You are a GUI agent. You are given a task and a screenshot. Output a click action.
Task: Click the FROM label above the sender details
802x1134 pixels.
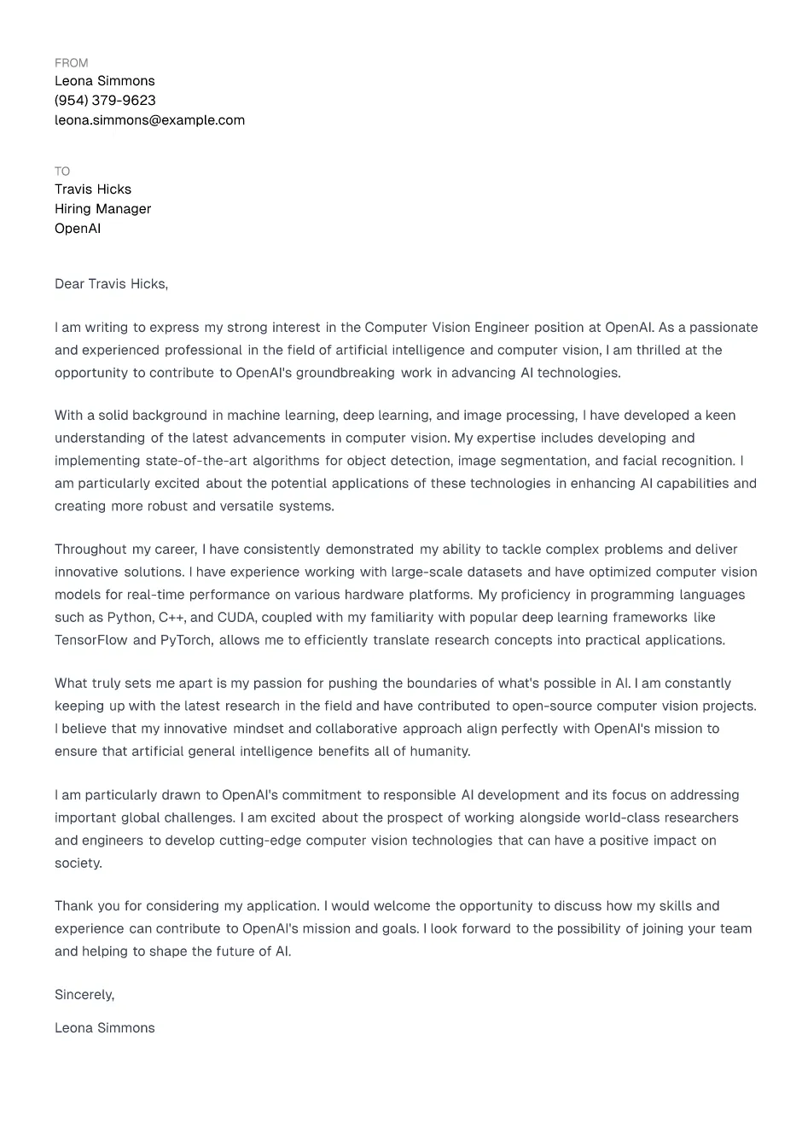click(71, 63)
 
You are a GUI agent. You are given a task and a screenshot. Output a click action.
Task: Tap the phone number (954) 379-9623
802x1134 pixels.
click(105, 101)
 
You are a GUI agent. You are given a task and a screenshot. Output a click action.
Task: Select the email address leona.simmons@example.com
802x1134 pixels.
click(149, 120)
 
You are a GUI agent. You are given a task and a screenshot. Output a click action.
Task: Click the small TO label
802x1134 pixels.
click(62, 172)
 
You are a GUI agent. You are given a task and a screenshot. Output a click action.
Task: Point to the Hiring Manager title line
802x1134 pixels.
click(102, 209)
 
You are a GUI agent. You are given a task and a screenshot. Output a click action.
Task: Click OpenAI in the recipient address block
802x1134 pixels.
click(78, 229)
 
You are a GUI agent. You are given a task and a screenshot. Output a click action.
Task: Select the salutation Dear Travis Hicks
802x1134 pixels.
click(111, 284)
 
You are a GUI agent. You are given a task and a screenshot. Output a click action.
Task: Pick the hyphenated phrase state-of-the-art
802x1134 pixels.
click(197, 461)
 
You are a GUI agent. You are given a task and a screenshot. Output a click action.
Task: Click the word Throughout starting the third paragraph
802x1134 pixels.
click(90, 550)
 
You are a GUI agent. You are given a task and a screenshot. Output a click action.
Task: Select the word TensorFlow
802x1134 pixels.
click(91, 640)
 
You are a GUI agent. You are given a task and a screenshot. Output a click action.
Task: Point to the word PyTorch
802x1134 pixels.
click(185, 640)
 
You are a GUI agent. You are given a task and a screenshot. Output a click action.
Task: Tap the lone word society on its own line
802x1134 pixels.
click(78, 864)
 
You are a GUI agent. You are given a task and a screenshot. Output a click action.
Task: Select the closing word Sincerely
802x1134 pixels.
click(84, 995)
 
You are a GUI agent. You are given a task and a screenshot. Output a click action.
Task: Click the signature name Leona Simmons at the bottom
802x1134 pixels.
click(105, 1028)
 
